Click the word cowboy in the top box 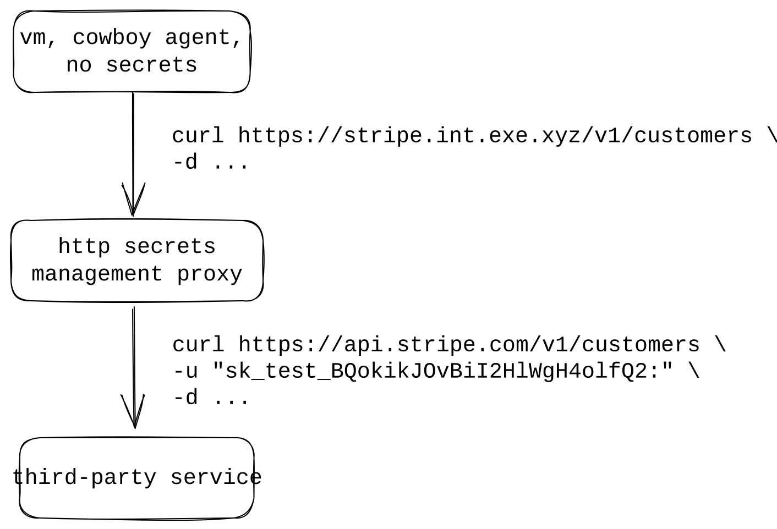pyautogui.click(x=112, y=38)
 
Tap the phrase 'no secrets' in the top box pyautogui.click(x=132, y=65)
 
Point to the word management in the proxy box pyautogui.click(x=97, y=274)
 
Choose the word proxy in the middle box pyautogui.click(x=210, y=274)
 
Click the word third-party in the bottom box pyautogui.click(x=84, y=477)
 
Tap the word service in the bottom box pyautogui.click(x=216, y=477)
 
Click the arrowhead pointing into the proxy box pyautogui.click(x=133, y=201)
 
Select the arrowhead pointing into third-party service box pyautogui.click(x=134, y=412)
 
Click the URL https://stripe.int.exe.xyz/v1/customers pyautogui.click(x=495, y=136)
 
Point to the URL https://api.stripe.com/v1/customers pyautogui.click(x=469, y=345)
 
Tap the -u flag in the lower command pyautogui.click(x=185, y=372)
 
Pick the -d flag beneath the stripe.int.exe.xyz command pyautogui.click(x=185, y=163)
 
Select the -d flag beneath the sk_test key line pyautogui.click(x=185, y=398)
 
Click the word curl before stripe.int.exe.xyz pyautogui.click(x=198, y=136)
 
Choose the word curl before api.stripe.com pyautogui.click(x=198, y=345)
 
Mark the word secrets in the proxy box pyautogui.click(x=169, y=246)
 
